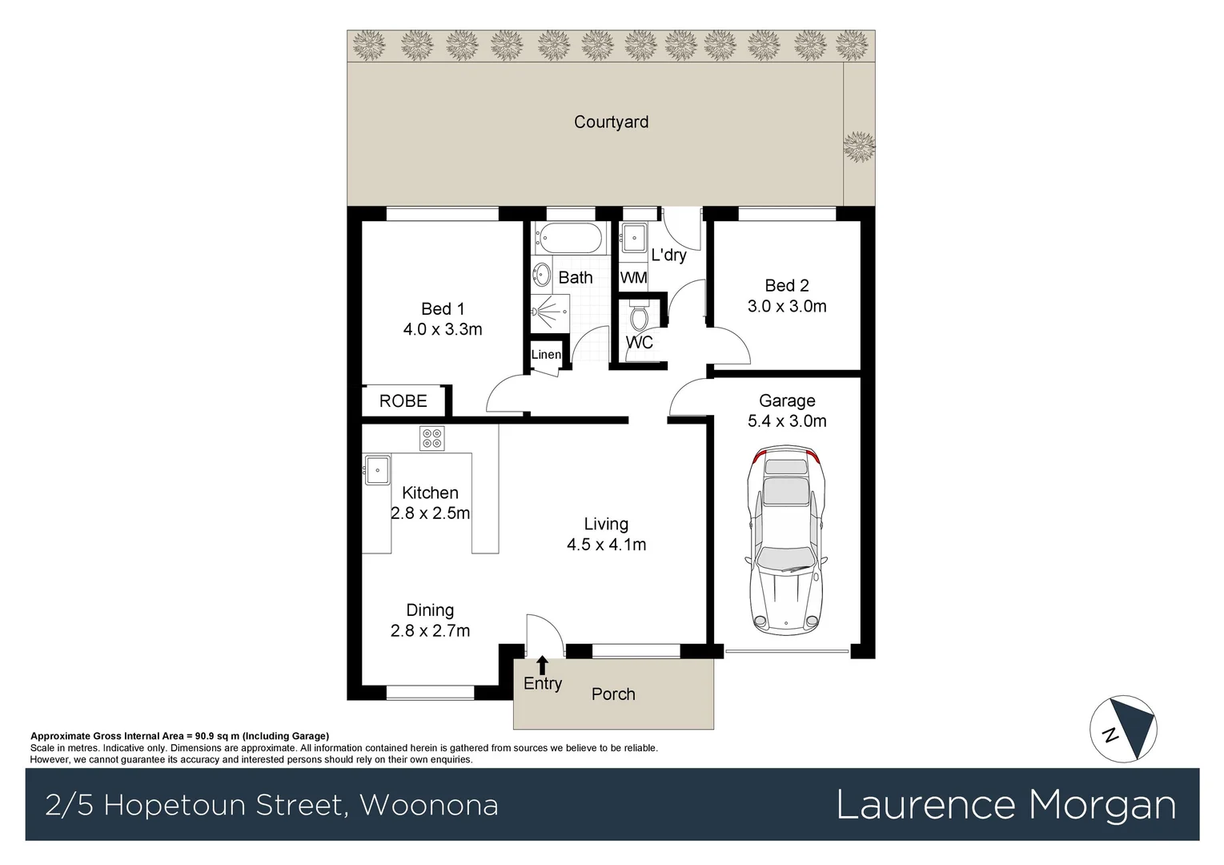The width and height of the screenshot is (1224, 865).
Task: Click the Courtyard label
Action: click(611, 122)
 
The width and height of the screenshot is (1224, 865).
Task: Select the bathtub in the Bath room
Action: click(569, 238)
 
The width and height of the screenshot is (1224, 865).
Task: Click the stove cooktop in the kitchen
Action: click(431, 438)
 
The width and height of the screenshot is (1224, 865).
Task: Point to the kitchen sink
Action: click(377, 470)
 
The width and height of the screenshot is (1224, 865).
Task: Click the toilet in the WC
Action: click(638, 317)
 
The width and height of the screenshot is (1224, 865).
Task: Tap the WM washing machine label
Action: click(633, 278)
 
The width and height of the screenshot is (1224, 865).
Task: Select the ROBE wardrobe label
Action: click(403, 401)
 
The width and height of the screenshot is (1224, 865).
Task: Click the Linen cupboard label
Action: click(546, 355)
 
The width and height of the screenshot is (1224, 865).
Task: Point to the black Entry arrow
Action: click(542, 665)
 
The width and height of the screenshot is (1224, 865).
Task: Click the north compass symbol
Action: click(1123, 729)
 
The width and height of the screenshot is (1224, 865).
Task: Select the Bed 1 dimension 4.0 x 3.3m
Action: click(443, 329)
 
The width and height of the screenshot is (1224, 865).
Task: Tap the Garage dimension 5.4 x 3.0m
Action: click(787, 421)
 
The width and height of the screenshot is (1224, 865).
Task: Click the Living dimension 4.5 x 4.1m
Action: click(606, 545)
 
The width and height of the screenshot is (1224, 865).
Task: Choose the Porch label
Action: click(613, 694)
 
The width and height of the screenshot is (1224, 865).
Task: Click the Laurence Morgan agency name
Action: click(1005, 805)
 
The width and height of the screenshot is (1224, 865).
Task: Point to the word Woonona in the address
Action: click(429, 805)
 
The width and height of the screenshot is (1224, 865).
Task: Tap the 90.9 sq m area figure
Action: click(217, 736)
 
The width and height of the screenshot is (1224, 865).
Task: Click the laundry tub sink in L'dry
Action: click(634, 237)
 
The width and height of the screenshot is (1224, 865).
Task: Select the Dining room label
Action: click(430, 610)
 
